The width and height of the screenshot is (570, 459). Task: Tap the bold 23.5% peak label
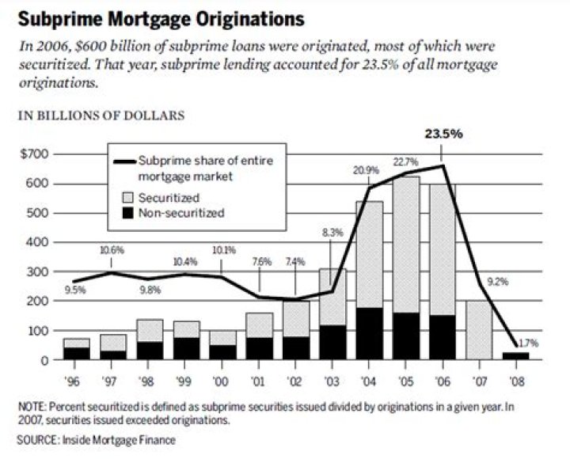click(441, 134)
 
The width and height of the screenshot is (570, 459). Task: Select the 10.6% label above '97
click(112, 250)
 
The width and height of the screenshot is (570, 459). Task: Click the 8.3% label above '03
click(332, 232)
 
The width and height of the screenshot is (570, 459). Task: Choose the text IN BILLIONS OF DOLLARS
click(101, 116)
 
